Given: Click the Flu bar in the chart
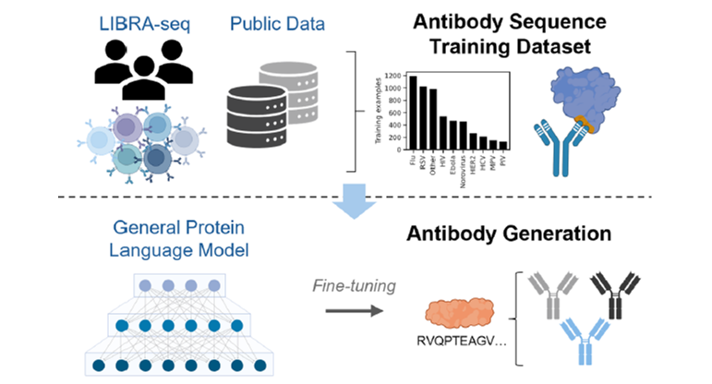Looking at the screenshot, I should [414, 114].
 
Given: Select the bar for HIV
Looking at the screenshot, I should [443, 133].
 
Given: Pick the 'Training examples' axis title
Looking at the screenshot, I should [379, 112].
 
